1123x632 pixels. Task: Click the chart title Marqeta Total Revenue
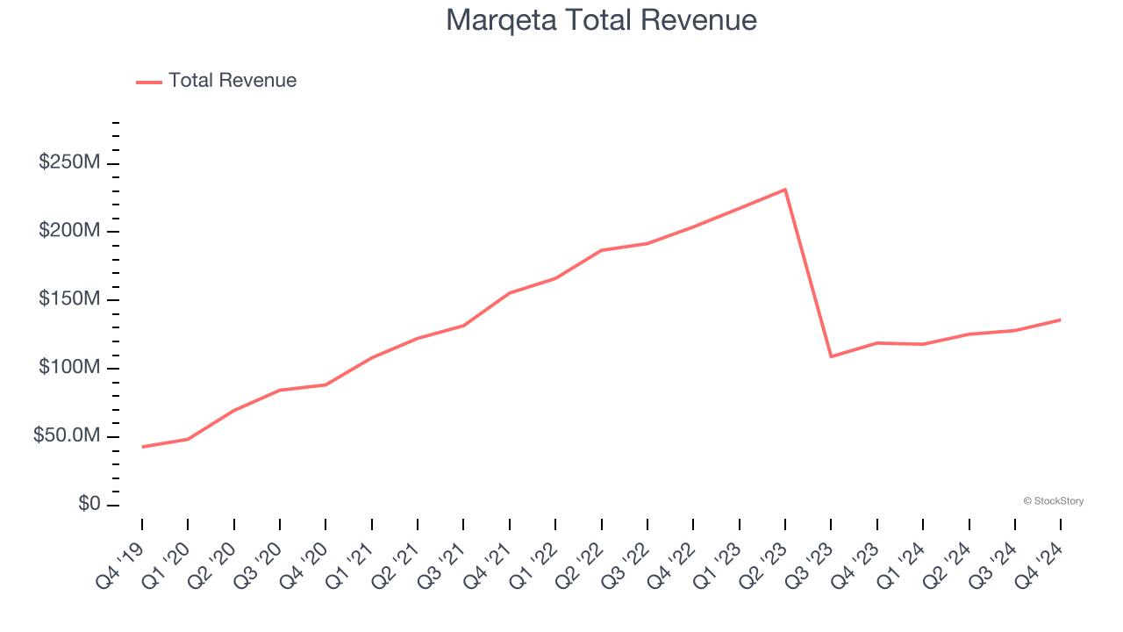tap(601, 20)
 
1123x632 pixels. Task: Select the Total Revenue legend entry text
tap(232, 81)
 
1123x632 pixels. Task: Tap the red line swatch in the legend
tap(149, 82)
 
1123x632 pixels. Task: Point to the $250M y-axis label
tap(69, 162)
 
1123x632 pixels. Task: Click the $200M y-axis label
tap(69, 231)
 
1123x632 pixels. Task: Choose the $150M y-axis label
tap(69, 299)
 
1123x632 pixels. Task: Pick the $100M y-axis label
tap(69, 368)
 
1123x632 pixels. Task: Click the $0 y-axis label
tap(89, 505)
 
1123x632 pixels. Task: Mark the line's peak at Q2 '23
tap(784, 190)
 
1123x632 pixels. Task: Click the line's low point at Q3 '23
tap(831, 356)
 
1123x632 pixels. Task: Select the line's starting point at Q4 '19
tap(142, 447)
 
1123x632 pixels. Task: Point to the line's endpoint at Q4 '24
tap(1060, 320)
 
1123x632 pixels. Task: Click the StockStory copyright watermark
tap(1053, 501)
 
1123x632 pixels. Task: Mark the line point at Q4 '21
tap(509, 293)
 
